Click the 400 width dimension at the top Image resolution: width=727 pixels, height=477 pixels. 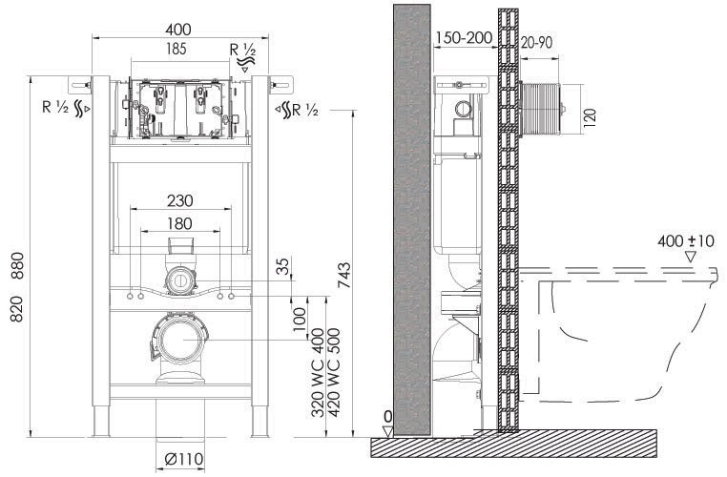click(178, 30)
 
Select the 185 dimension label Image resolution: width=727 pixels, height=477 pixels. click(176, 49)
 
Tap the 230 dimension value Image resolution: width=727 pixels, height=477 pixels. click(180, 200)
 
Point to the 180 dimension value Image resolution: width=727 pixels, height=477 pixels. click(179, 223)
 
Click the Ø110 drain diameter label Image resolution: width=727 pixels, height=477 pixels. click(184, 459)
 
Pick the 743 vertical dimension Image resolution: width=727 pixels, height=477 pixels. click(344, 276)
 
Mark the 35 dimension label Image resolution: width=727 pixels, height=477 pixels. click(283, 266)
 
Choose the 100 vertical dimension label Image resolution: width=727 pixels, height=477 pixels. click(300, 320)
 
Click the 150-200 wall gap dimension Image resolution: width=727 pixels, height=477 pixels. click(464, 37)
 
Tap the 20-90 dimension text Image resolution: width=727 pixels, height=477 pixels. click(536, 43)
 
